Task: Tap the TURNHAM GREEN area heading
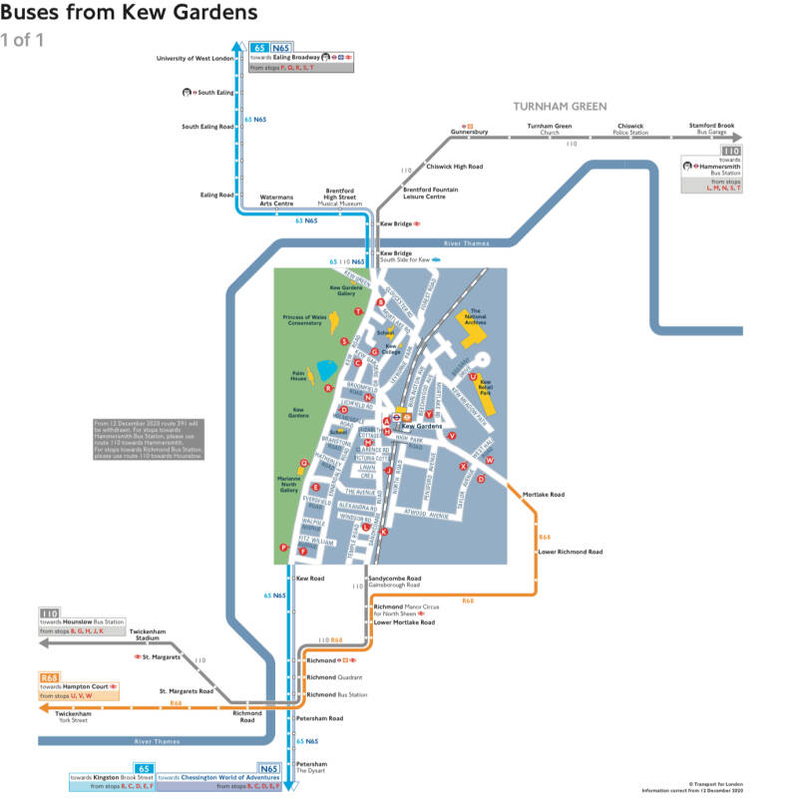(560, 106)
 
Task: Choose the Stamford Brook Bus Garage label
(711, 129)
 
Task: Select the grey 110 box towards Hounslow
(50, 613)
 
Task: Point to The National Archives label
(476, 317)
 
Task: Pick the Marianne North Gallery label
(288, 484)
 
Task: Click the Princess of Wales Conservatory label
(304, 320)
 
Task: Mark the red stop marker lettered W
(490, 460)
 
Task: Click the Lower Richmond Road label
(570, 552)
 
